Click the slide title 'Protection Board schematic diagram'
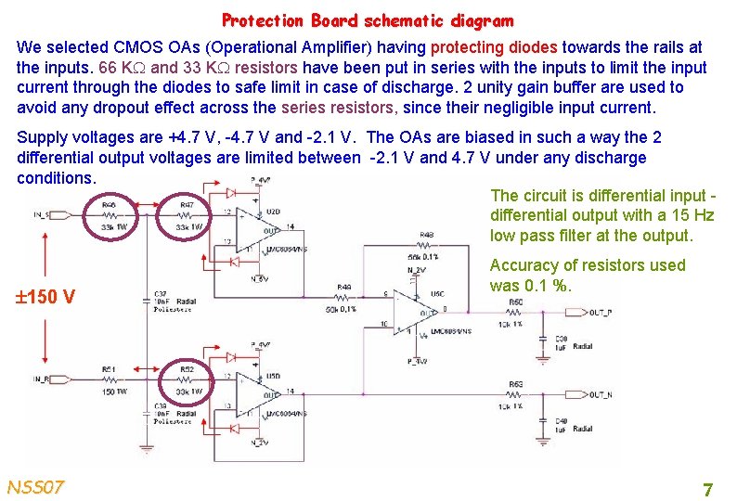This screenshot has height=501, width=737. coord(367,19)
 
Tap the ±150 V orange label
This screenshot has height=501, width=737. coord(45,297)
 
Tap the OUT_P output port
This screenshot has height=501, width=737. coord(598,312)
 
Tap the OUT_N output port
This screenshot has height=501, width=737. coord(598,394)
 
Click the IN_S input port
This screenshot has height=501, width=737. coord(40,214)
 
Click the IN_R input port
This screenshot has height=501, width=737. coord(40,379)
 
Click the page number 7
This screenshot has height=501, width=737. coord(707,489)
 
